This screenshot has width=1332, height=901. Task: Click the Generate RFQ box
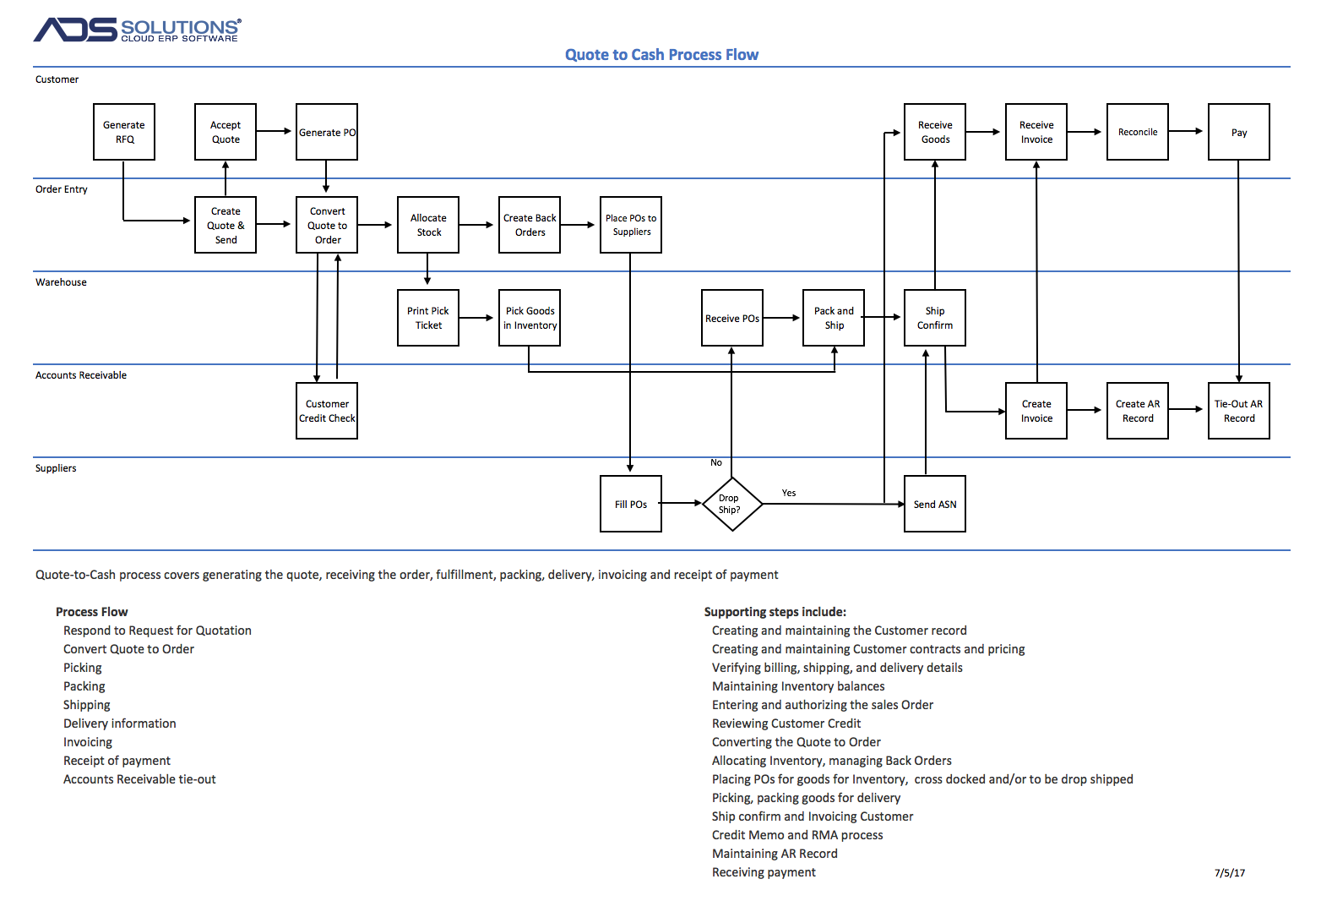coord(124,132)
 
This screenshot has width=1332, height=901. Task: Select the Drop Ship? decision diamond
coord(732,504)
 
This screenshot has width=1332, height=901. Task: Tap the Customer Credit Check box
coord(327,412)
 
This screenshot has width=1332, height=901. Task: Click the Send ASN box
coord(935,504)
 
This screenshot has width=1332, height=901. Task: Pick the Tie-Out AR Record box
coord(1238,412)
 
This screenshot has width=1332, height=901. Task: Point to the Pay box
coord(1238,132)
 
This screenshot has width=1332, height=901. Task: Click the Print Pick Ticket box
coord(428,319)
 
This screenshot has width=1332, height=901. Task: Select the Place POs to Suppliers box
coord(631,225)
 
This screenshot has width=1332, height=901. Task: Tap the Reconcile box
coord(1138,132)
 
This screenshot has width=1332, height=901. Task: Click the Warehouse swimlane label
coord(61,282)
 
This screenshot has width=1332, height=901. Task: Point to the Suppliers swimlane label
coord(56,468)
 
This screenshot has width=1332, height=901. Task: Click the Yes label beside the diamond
coord(789,493)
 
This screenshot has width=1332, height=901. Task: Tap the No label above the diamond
coord(716,462)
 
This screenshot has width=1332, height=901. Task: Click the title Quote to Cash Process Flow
coord(661,55)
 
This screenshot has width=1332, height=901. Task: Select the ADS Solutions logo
coord(138,30)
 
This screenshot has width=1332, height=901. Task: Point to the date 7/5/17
coord(1229,873)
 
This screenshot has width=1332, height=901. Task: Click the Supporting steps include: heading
coord(775,612)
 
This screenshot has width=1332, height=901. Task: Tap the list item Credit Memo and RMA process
coord(797,835)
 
